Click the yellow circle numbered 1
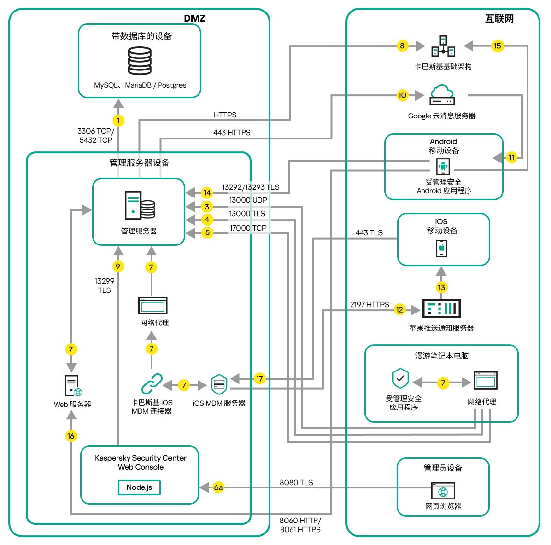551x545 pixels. (118, 120)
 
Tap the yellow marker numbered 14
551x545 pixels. (207, 193)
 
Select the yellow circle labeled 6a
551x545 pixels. (218, 487)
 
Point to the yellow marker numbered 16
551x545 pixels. (71, 436)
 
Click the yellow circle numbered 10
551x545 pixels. (402, 95)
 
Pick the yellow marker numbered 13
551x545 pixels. (441, 287)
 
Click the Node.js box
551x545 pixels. (139, 487)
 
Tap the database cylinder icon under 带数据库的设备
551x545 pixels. (140, 60)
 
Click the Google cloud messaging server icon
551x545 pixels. (442, 95)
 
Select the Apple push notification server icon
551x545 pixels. (441, 309)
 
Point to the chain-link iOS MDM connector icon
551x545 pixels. (152, 384)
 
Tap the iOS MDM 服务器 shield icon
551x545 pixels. (219, 384)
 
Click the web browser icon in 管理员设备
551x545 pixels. (443, 491)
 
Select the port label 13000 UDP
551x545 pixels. (247, 200)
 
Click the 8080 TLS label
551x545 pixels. (296, 482)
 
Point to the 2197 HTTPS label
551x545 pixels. (369, 304)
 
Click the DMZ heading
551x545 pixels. (194, 18)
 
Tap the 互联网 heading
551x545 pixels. (499, 19)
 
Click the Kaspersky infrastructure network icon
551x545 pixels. (443, 46)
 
